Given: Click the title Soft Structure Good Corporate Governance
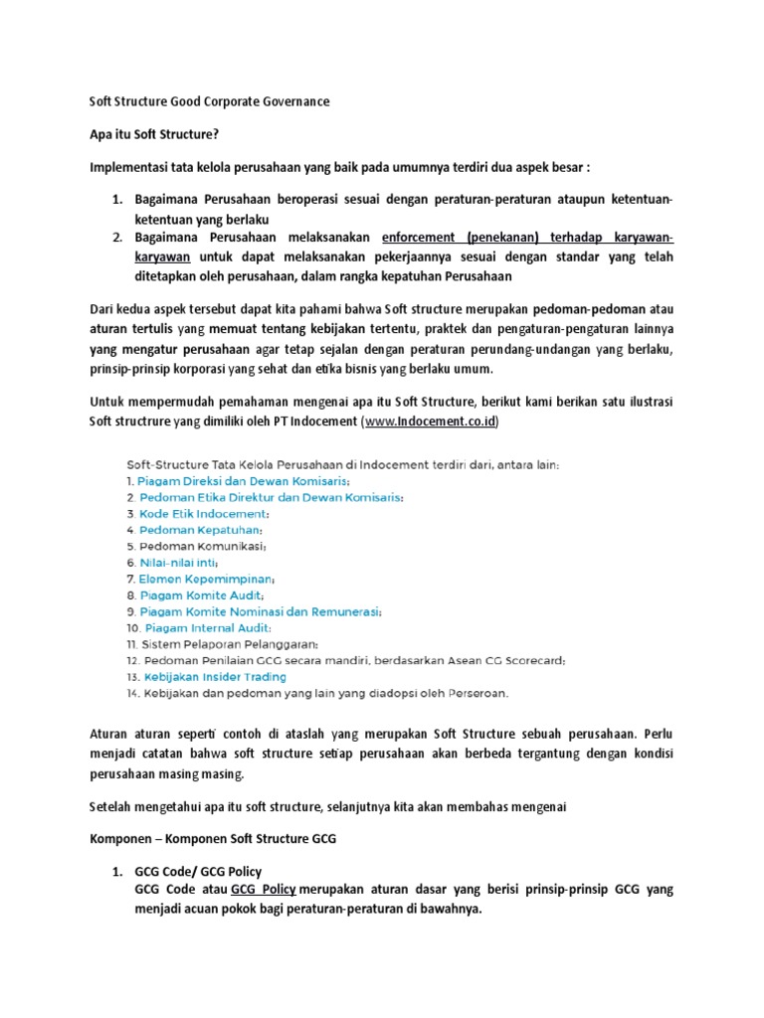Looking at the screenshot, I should click(210, 101).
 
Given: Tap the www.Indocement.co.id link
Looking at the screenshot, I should click(431, 422).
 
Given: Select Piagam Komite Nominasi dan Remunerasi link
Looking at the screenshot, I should click(260, 611).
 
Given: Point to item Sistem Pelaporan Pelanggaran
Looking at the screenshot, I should click(228, 644).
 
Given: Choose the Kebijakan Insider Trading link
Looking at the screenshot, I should click(213, 676).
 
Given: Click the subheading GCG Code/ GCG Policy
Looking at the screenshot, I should click(198, 871).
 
